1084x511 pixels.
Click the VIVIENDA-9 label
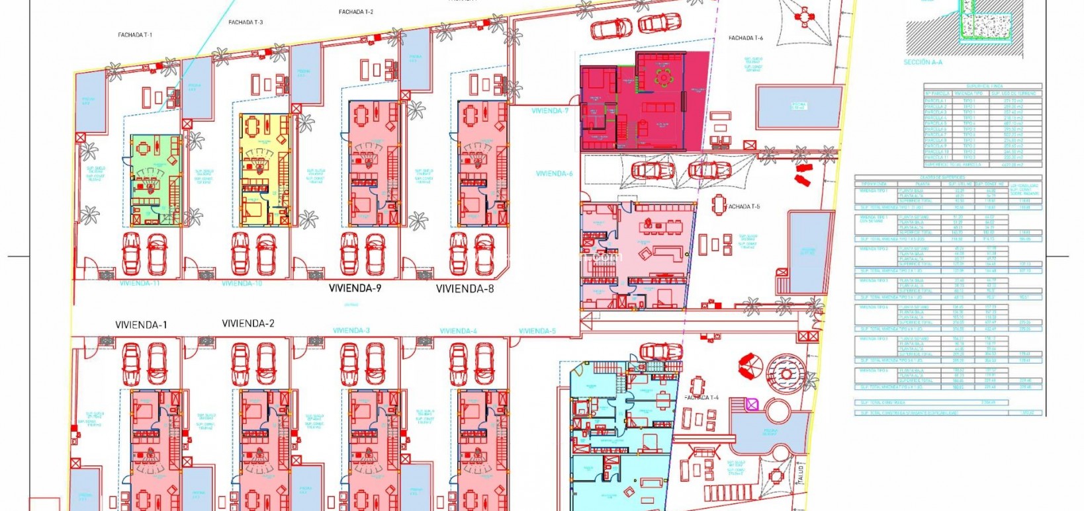tap(355, 288)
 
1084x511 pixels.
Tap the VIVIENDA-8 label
tap(465, 288)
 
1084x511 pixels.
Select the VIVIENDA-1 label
tap(141, 325)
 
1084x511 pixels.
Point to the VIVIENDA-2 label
tap(248, 323)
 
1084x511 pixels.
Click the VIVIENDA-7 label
tap(550, 111)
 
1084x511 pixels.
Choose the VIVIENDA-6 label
tap(554, 174)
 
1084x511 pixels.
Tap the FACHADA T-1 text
tap(135, 35)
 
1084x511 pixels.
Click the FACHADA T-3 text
tap(246, 22)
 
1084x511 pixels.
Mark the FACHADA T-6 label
tap(745, 38)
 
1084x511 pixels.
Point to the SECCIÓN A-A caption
tap(923, 62)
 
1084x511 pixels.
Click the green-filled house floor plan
tap(156, 180)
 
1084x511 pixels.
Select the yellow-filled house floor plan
tap(265, 171)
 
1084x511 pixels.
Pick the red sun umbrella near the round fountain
tap(750, 365)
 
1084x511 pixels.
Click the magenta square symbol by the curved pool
tap(752, 404)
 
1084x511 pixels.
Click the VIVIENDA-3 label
tap(351, 331)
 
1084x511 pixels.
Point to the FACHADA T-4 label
tap(701, 398)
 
